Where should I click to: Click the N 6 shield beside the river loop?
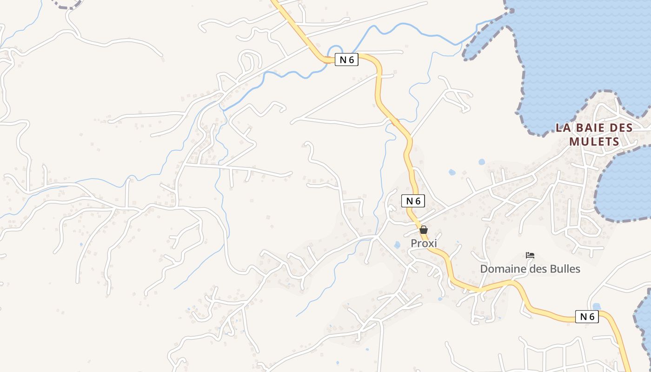pos(346,60)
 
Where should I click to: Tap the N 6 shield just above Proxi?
pos(413,201)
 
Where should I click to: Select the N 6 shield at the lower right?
pos(587,317)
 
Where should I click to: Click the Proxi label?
pos(424,243)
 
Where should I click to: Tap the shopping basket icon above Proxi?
pos(424,230)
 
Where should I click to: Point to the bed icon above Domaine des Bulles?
pos(530,255)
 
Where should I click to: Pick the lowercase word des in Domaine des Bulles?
pos(536,269)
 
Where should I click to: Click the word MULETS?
pos(594,141)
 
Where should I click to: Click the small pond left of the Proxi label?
pos(397,245)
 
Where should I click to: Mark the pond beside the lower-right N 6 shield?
pos(597,306)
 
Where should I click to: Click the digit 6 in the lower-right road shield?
pos(591,317)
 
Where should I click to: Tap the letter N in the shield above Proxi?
pos(409,201)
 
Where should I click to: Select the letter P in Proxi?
pos(413,243)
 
